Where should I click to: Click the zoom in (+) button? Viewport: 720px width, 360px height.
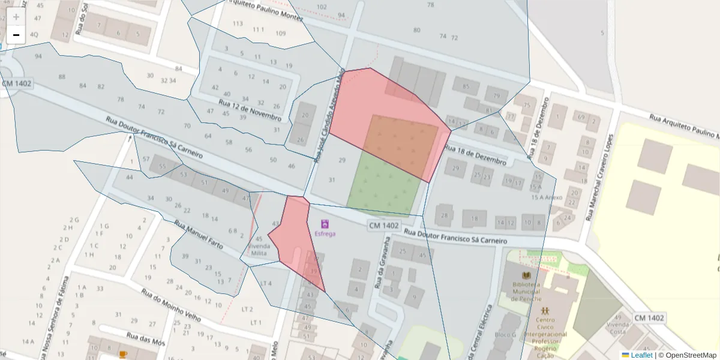(x=16, y=17)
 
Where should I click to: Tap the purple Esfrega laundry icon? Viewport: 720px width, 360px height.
(x=325, y=224)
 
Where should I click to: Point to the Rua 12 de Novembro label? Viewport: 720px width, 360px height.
(x=250, y=109)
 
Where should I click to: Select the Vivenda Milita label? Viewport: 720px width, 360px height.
(x=259, y=250)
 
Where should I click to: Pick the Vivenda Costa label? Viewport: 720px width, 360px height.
(x=617, y=328)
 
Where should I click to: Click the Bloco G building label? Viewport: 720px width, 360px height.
(x=505, y=334)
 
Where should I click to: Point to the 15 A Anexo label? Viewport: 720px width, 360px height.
(x=546, y=197)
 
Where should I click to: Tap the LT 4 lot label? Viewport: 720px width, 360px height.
(x=265, y=283)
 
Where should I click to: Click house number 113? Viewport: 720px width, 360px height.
(x=238, y=23)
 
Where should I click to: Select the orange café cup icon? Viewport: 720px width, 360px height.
(x=123, y=355)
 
